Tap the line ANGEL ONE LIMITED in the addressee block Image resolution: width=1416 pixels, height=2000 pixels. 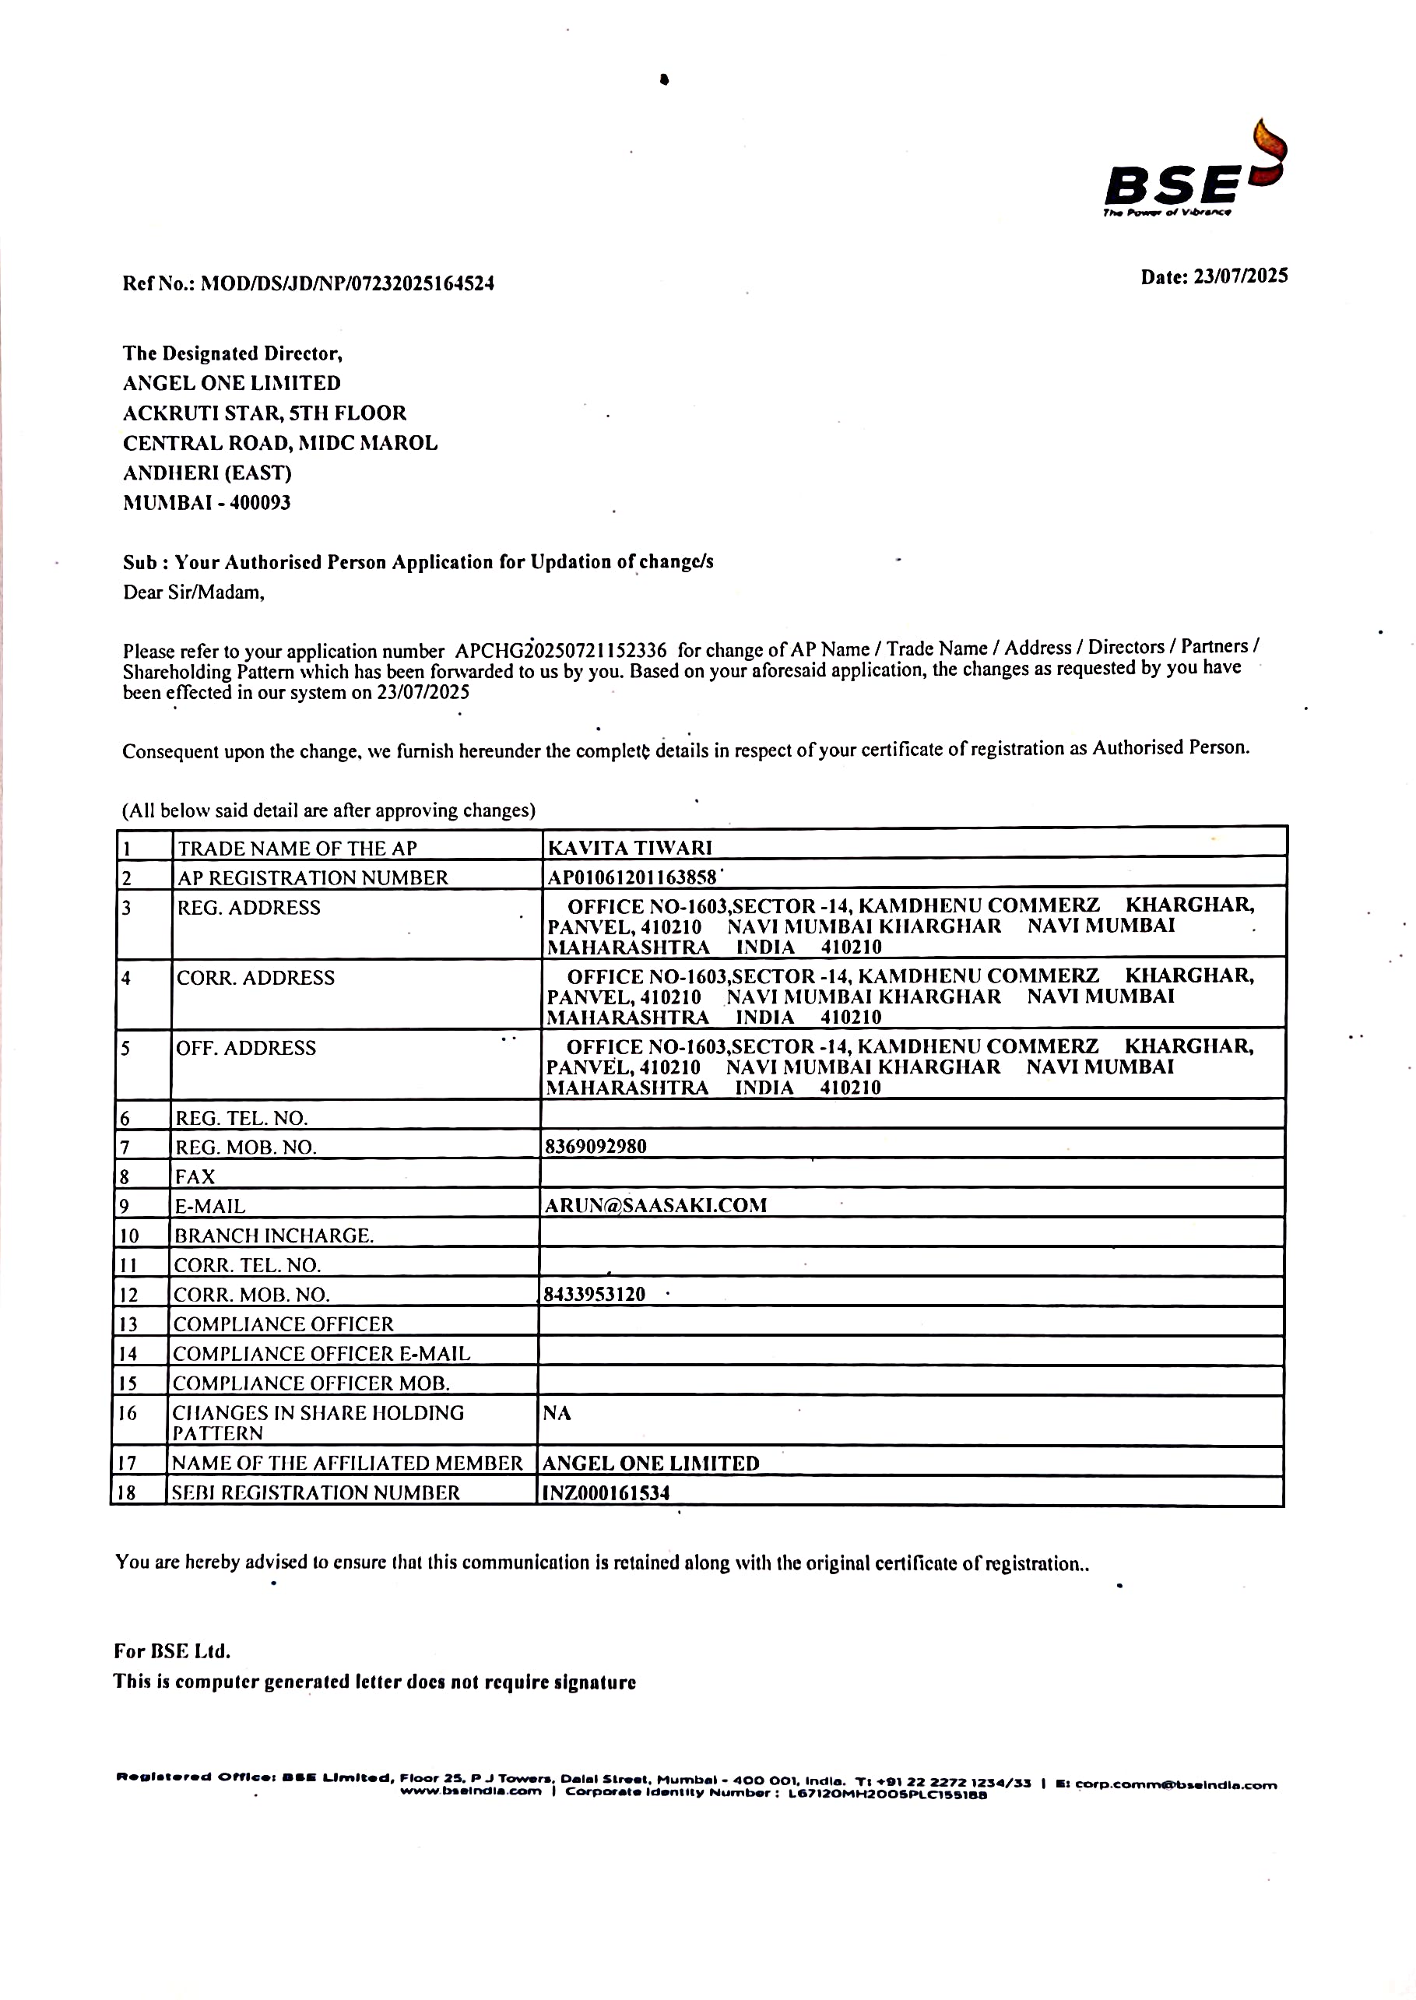(231, 383)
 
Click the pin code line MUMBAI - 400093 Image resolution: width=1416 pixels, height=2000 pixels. (206, 502)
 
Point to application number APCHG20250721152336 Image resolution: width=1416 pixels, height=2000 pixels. (560, 650)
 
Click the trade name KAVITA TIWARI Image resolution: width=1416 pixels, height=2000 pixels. (630, 848)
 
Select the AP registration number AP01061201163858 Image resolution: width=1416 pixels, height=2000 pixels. (631, 877)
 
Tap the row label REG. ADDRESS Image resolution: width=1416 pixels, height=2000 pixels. (248, 908)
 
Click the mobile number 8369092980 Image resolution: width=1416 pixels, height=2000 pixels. (596, 1147)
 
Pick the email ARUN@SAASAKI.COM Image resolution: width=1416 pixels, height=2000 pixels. (655, 1205)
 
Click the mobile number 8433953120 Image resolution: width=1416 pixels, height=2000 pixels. (594, 1294)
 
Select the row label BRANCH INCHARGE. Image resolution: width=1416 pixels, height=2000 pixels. (274, 1236)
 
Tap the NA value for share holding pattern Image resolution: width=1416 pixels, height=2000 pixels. (557, 1412)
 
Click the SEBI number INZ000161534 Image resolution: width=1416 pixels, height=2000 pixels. (606, 1492)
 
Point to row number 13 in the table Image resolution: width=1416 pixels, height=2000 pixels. (128, 1323)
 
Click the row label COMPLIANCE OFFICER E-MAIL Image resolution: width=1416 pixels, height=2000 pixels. (321, 1353)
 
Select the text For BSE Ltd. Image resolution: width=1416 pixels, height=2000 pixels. (172, 1650)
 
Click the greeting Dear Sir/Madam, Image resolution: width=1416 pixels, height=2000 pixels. (194, 593)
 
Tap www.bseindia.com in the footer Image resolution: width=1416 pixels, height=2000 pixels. (471, 1791)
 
